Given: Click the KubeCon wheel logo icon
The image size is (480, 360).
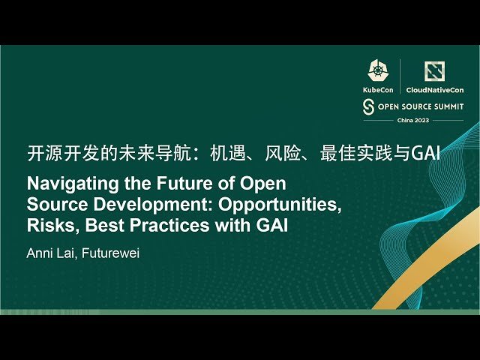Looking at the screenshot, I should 377,70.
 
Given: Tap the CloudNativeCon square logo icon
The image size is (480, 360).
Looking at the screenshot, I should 434,70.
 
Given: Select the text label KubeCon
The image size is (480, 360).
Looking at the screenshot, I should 377,89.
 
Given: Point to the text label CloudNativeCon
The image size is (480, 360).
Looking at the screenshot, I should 434,89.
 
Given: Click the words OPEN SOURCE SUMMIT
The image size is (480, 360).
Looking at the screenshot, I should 420,106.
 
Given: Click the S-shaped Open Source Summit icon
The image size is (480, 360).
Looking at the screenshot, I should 368,106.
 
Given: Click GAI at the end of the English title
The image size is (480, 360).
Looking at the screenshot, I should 272,225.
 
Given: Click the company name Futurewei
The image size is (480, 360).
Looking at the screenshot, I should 110,253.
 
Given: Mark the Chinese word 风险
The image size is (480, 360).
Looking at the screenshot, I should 282,154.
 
